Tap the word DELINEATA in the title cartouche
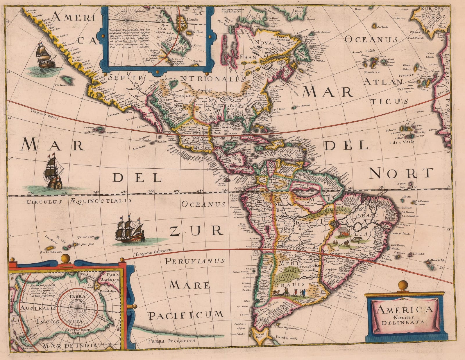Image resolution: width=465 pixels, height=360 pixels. pyautogui.click(x=403, y=322)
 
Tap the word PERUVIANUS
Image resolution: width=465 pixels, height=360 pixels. pyautogui.click(x=194, y=261)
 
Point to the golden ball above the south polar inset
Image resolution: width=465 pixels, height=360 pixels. pyautogui.click(x=67, y=258)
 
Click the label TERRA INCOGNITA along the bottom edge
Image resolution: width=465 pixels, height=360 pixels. pyautogui.click(x=171, y=342)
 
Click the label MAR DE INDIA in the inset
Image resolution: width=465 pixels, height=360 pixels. pyautogui.click(x=69, y=345)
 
